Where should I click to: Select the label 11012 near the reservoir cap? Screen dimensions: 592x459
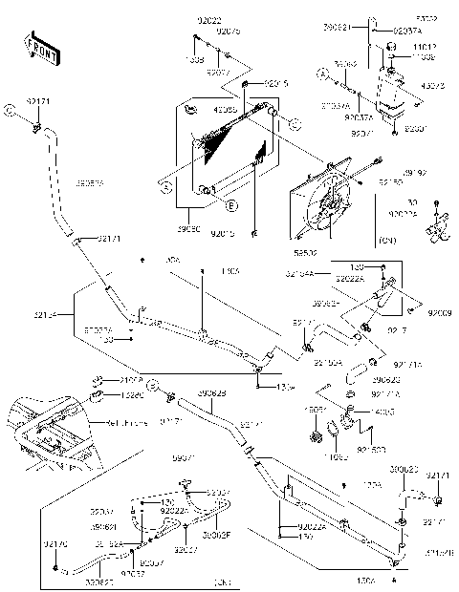(426, 47)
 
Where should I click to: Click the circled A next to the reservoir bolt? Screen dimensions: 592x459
(323, 74)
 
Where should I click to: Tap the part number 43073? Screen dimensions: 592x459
(433, 84)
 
